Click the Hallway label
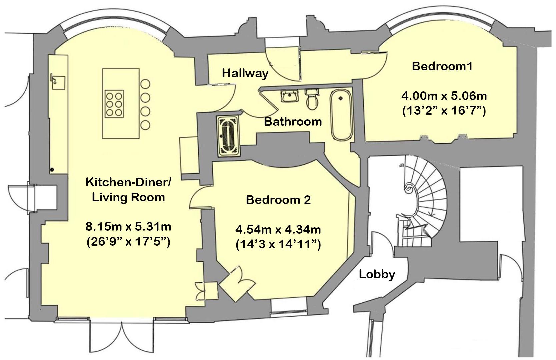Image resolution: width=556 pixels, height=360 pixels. tap(245, 73)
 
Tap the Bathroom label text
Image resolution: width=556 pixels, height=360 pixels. tap(293, 122)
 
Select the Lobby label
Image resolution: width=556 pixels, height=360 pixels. tap(377, 274)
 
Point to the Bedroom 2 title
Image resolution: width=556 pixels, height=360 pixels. tap(278, 200)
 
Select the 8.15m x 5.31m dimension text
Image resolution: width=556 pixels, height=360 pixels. tap(128, 227)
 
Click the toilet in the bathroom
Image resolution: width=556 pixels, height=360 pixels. tap(312, 100)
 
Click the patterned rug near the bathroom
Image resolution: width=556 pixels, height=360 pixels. tap(229, 136)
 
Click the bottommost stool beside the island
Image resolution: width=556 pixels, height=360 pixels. tap(145, 125)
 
